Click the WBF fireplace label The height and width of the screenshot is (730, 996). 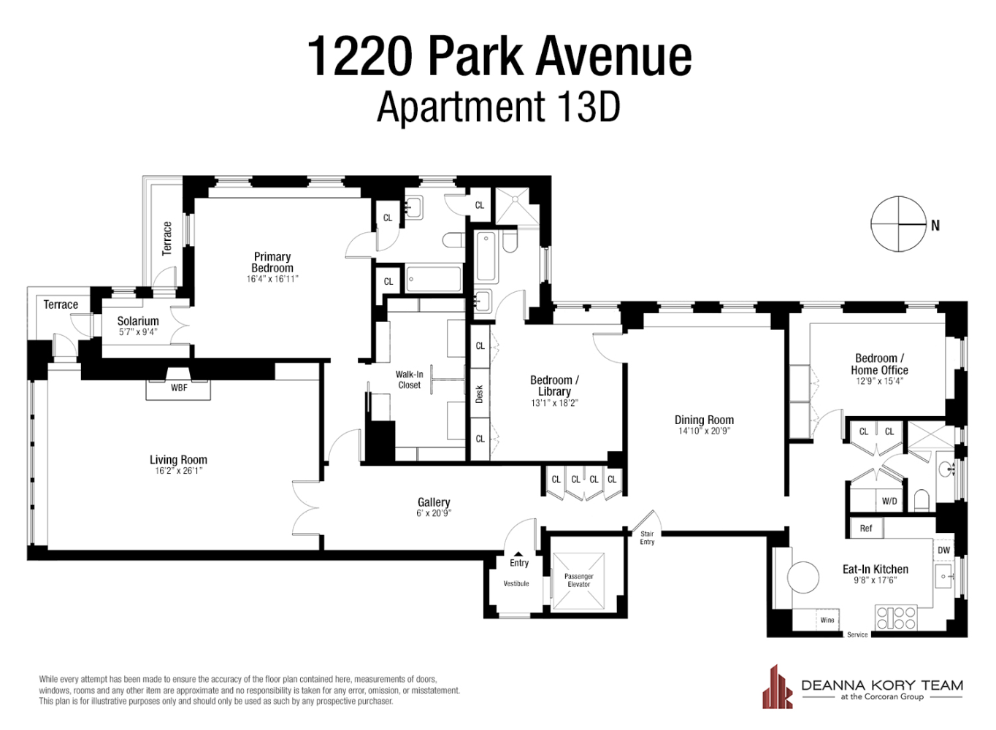179,388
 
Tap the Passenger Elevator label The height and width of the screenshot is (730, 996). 578,580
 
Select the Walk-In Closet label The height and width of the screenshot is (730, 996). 409,380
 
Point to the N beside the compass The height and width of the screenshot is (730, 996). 935,226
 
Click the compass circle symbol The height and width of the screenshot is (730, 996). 898,224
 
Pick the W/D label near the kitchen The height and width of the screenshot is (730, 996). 889,501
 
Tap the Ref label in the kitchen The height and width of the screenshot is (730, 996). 866,529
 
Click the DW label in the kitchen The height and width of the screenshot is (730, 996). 944,550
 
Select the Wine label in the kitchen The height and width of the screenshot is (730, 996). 827,620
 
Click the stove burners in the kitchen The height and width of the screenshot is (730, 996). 896,618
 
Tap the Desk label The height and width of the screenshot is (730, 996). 480,394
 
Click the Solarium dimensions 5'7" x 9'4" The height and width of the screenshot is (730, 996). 138,332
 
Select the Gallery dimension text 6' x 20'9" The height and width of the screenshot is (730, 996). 434,513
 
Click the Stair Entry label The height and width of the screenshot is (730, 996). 647,538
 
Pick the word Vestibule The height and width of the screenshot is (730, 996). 516,583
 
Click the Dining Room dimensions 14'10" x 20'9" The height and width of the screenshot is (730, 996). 704,431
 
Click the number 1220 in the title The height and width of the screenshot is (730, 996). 360,56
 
